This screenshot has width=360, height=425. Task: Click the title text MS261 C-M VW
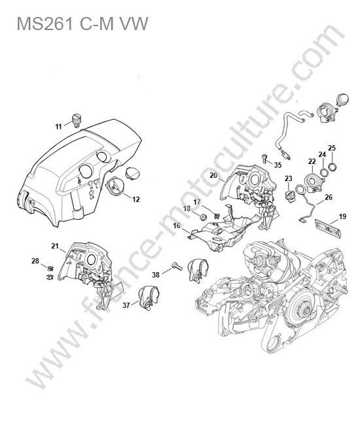click(x=82, y=24)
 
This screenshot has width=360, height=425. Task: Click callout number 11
click(x=59, y=126)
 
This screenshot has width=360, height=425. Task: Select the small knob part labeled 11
click(x=76, y=120)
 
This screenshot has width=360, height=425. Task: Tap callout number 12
click(x=136, y=199)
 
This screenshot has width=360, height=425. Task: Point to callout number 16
click(x=177, y=226)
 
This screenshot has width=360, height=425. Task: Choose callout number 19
click(x=342, y=216)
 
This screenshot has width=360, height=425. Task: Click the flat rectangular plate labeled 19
click(x=327, y=228)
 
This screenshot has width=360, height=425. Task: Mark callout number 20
click(x=213, y=175)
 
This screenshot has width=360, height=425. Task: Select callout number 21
click(x=55, y=246)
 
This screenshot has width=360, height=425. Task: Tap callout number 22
click(x=312, y=161)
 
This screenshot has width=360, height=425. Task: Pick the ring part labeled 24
click(x=323, y=171)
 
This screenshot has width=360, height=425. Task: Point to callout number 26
click(x=329, y=197)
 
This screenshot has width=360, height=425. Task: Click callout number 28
click(x=35, y=261)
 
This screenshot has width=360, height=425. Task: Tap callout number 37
click(x=126, y=305)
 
